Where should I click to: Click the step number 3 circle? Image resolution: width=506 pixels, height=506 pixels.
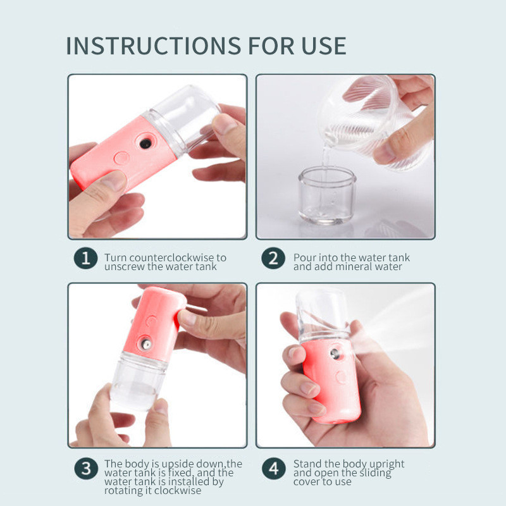pos(85,469)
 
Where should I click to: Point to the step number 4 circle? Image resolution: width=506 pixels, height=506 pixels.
pos(273,469)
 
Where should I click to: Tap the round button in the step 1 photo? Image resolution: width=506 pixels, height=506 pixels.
pos(122,157)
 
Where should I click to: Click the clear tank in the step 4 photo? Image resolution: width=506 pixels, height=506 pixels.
pos(323,313)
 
